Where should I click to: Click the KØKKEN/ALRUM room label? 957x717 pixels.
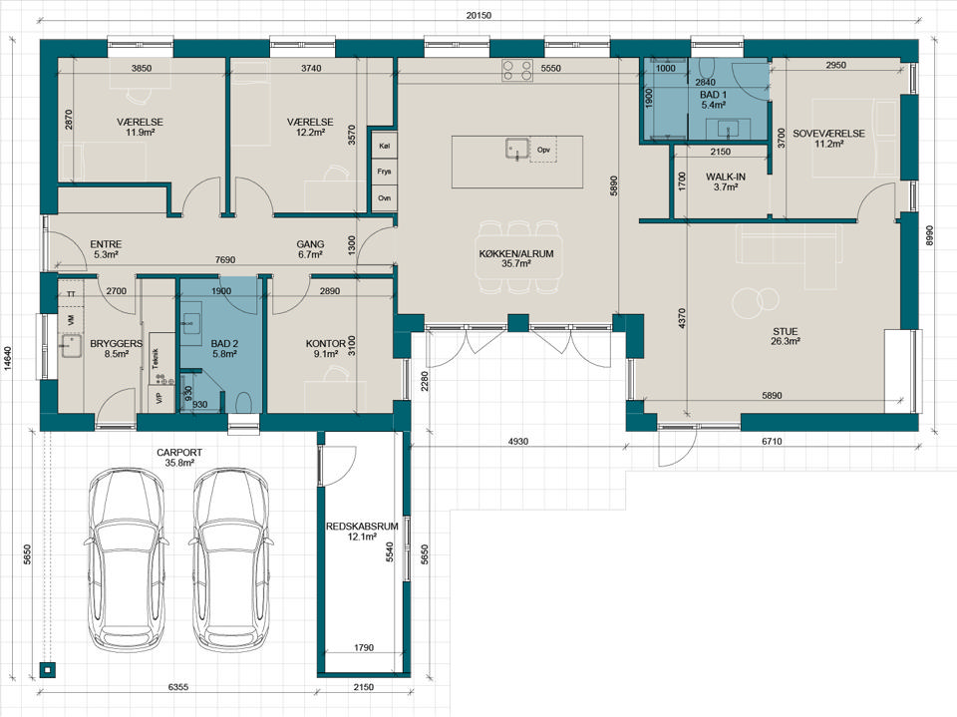[x=516, y=254]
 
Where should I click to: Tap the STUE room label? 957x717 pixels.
[x=785, y=332]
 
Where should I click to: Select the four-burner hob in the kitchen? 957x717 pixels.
[x=517, y=70]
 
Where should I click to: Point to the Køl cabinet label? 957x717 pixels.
[x=384, y=146]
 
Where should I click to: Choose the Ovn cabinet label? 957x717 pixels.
[x=384, y=198]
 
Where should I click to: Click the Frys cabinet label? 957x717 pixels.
[x=384, y=172]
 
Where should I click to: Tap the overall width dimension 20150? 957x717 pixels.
[x=478, y=16]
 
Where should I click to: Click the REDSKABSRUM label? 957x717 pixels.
[x=362, y=526]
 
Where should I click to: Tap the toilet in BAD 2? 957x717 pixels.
[x=243, y=403]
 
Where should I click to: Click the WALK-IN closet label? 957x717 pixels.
[x=726, y=178]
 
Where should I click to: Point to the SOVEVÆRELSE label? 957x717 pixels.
[x=828, y=134]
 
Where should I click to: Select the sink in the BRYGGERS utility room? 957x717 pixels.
[x=71, y=346]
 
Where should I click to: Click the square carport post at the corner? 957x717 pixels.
[x=47, y=670]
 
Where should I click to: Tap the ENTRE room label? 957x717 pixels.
[x=106, y=244]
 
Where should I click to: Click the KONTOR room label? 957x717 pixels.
[x=326, y=344]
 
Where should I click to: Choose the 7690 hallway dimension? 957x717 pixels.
[x=225, y=259]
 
